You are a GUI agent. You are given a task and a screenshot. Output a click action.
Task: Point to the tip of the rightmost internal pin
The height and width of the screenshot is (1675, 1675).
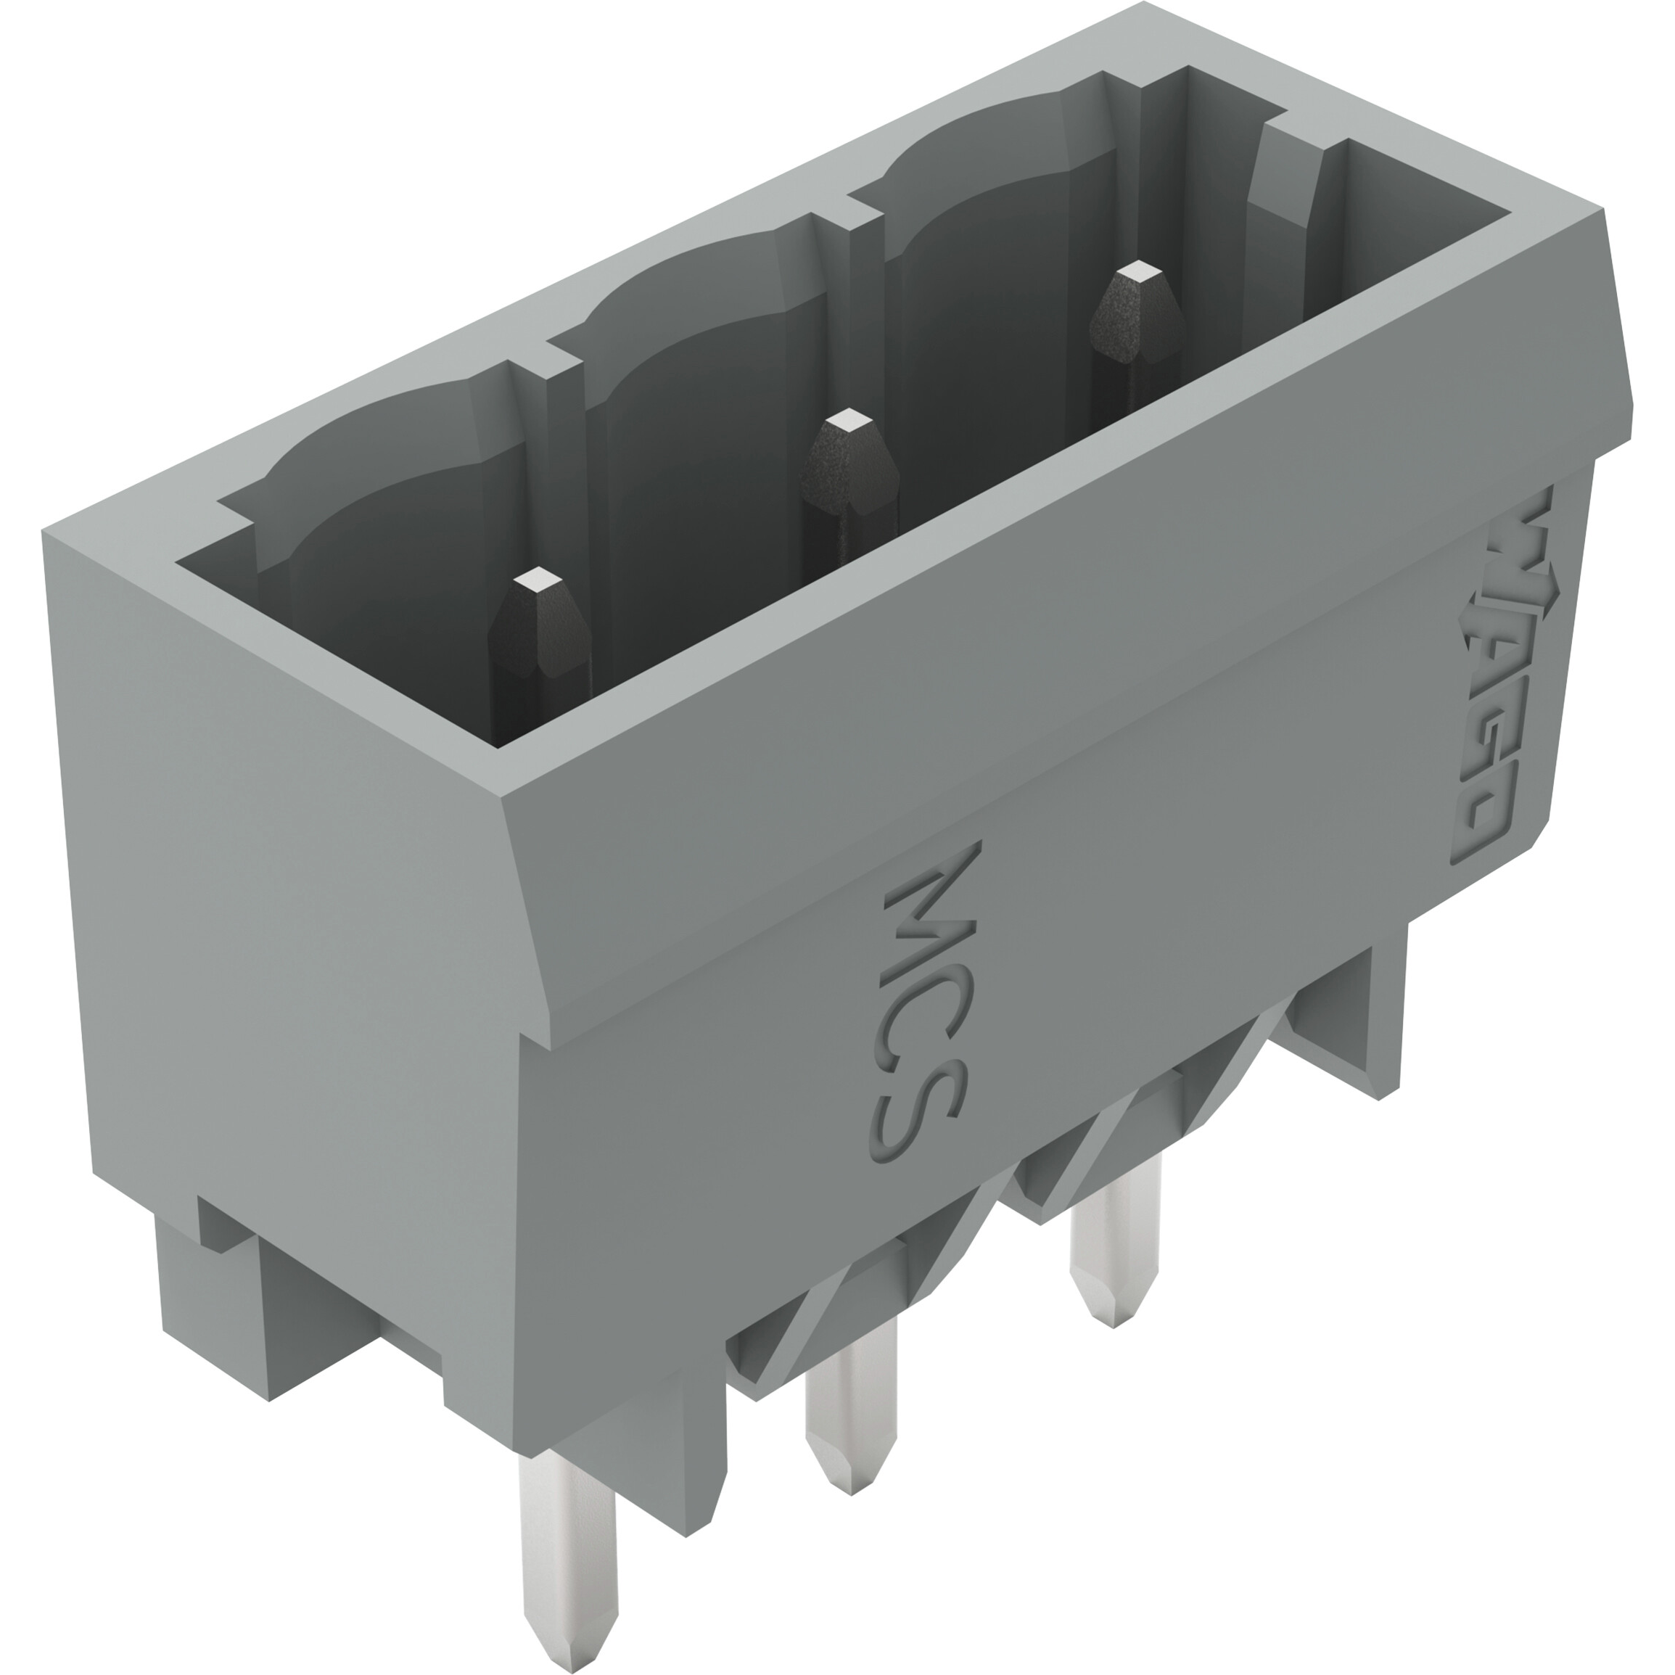pyautogui.click(x=1137, y=274)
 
